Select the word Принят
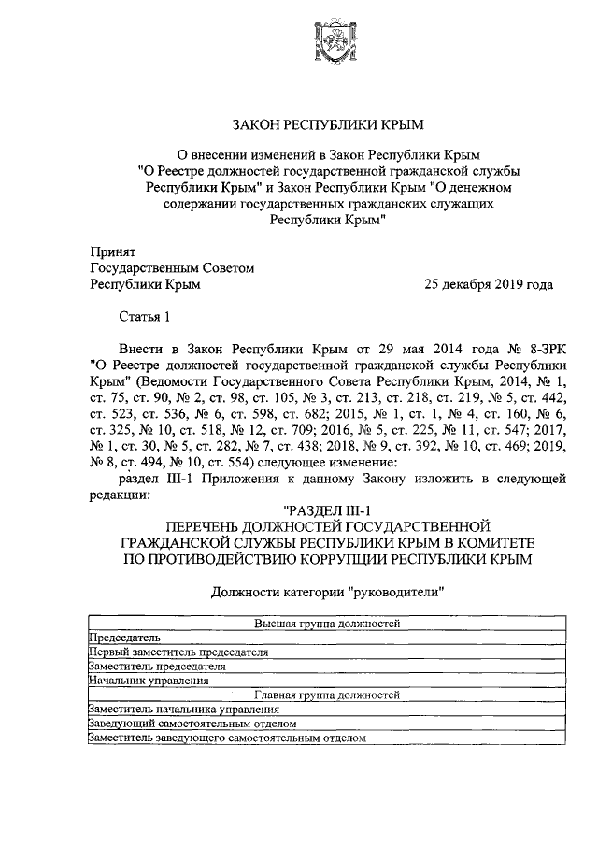click(112, 251)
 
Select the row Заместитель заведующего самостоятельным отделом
click(225, 738)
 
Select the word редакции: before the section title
click(119, 495)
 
